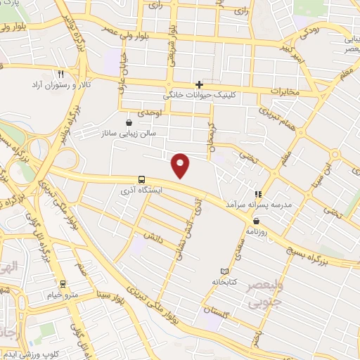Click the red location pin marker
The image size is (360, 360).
(x=181, y=164)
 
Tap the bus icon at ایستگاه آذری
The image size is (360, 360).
(x=141, y=179)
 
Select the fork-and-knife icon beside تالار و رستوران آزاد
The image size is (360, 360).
(x=61, y=73)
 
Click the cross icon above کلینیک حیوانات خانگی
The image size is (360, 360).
(x=200, y=84)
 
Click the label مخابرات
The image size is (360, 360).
(x=285, y=91)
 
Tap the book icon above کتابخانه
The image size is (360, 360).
(x=224, y=271)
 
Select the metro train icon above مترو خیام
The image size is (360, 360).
(x=64, y=285)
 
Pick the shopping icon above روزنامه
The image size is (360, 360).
(x=255, y=221)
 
